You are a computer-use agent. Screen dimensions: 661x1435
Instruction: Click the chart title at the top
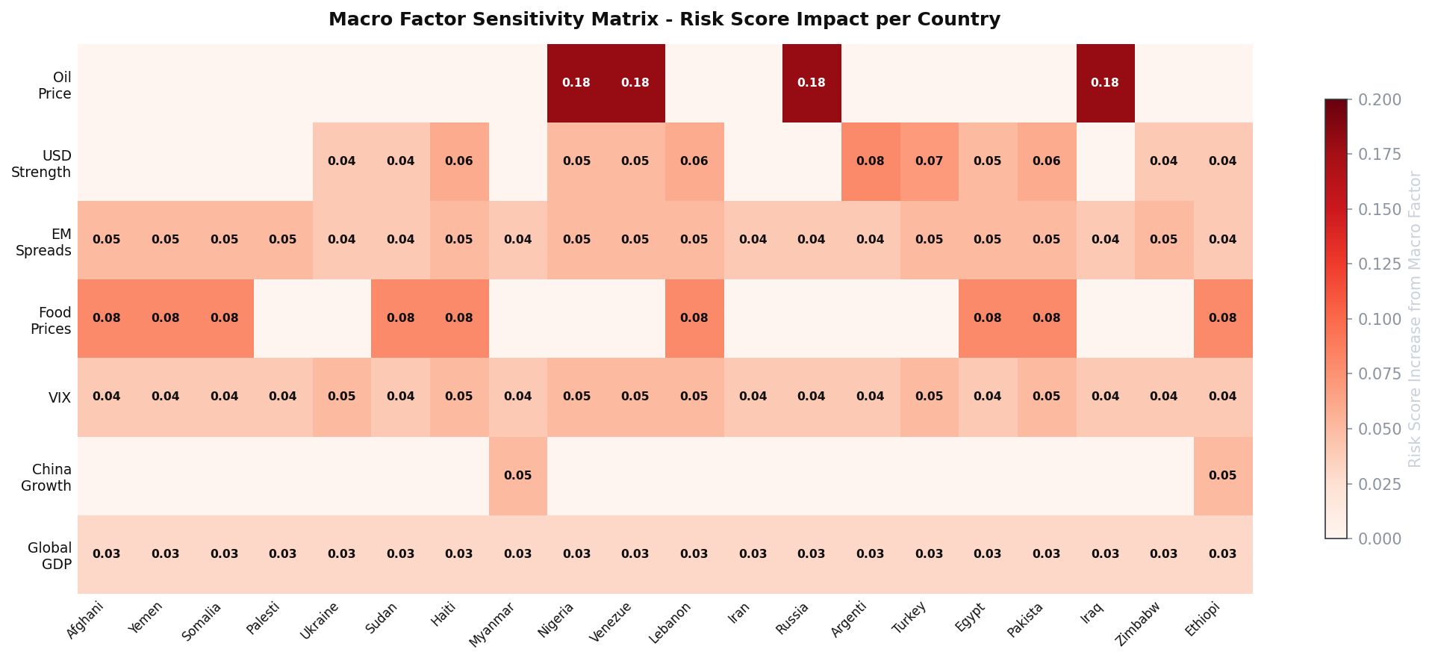(x=664, y=19)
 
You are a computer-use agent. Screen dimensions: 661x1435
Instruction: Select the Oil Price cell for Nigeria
(x=576, y=83)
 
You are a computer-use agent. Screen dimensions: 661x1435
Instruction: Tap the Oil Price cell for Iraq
(x=1105, y=83)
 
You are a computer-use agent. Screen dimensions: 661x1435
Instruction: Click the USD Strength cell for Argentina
(x=870, y=161)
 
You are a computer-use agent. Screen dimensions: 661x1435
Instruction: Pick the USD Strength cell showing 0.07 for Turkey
(x=929, y=161)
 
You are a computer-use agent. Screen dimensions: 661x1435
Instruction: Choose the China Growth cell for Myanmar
(x=517, y=476)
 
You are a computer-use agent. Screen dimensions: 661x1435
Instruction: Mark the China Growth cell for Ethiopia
(x=1222, y=476)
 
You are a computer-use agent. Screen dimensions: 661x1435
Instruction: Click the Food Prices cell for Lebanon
(x=694, y=318)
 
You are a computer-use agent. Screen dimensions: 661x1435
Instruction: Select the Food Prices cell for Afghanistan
(x=107, y=318)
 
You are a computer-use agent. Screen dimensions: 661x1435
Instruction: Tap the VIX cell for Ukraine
(x=341, y=397)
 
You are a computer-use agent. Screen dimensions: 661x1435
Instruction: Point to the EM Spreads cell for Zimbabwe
(x=1164, y=240)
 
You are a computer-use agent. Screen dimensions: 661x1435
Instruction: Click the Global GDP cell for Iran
(x=753, y=554)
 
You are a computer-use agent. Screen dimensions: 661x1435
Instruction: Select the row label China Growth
(x=51, y=477)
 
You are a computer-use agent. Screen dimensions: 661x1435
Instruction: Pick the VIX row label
(x=60, y=398)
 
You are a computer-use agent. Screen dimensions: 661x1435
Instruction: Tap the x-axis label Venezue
(x=611, y=621)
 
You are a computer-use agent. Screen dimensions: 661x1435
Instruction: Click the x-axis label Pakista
(x=1024, y=621)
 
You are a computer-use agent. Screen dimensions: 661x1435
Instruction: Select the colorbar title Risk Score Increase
(x=1415, y=319)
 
